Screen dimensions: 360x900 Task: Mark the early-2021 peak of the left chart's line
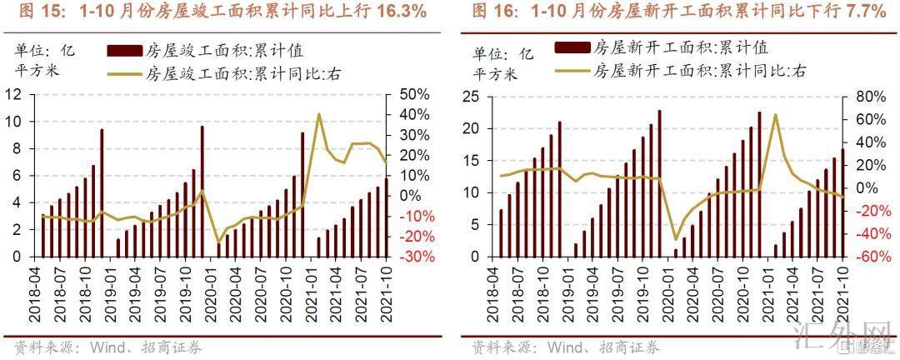(318, 114)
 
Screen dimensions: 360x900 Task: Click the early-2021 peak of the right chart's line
(775, 115)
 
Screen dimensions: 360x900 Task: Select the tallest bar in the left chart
(202, 191)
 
